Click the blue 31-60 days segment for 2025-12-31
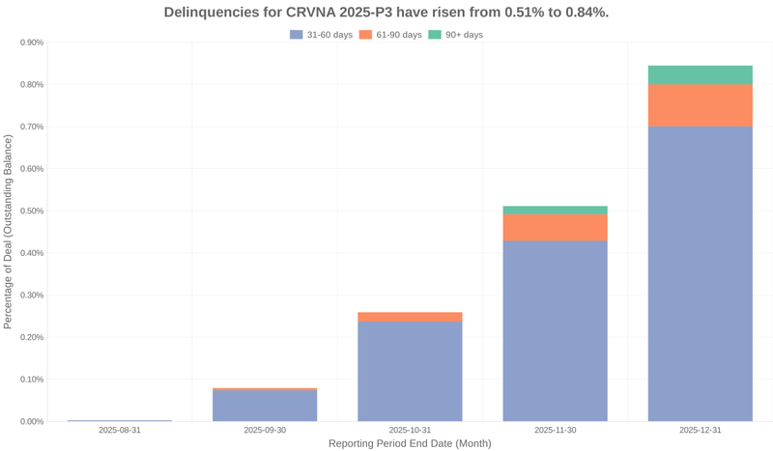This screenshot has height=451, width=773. pyautogui.click(x=700, y=273)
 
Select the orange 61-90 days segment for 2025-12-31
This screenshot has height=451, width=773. pyautogui.click(x=700, y=105)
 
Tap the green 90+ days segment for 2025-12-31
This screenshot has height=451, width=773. pyautogui.click(x=700, y=75)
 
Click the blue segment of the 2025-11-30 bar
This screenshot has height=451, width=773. pyautogui.click(x=555, y=330)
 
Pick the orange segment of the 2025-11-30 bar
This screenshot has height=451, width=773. pyautogui.click(x=555, y=227)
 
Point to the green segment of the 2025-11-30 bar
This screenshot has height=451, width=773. pyautogui.click(x=555, y=210)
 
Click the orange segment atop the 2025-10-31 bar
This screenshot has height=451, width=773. pyautogui.click(x=410, y=317)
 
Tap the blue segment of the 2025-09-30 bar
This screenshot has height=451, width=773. pyautogui.click(x=265, y=406)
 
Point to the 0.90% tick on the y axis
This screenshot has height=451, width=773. pyautogui.click(x=32, y=42)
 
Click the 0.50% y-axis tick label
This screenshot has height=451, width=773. pyautogui.click(x=32, y=211)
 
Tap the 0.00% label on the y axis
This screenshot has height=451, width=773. pyautogui.click(x=32, y=421)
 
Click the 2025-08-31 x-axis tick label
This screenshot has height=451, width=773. pyautogui.click(x=120, y=430)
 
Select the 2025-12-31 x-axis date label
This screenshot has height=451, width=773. pyautogui.click(x=700, y=430)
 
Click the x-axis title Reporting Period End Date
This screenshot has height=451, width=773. pyautogui.click(x=410, y=443)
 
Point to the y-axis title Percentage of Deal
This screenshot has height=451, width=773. pyautogui.click(x=9, y=232)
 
